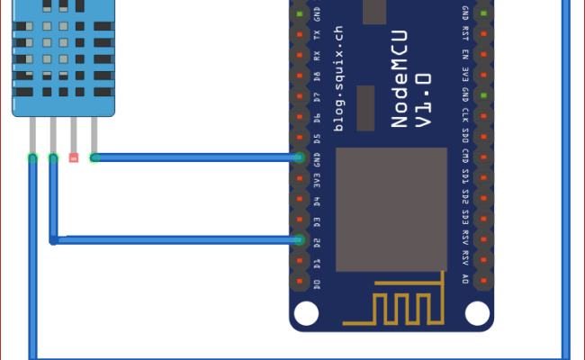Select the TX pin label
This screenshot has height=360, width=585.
317,34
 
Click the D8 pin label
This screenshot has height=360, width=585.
317,76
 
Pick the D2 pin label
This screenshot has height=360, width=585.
317,240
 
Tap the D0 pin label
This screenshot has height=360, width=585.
317,283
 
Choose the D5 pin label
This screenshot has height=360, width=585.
317,138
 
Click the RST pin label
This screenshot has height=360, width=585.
465,34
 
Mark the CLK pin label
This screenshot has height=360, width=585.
465,117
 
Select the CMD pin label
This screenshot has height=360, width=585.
465,158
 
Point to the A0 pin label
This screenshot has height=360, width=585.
465,283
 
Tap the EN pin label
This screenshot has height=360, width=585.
465,55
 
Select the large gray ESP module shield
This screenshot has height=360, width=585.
391,207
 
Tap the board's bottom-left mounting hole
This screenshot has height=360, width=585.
307,312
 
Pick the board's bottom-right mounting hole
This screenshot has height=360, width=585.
477,312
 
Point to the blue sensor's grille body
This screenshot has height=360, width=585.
63,58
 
